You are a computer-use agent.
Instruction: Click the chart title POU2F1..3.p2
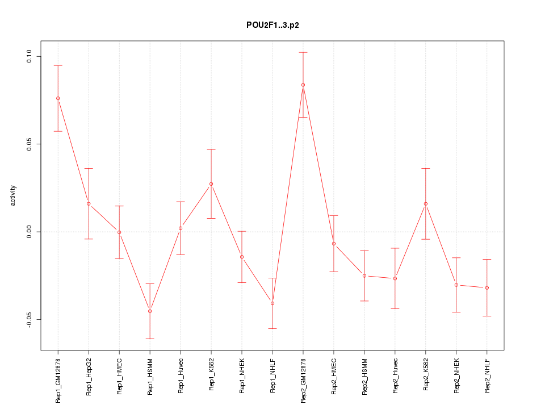point(272,25)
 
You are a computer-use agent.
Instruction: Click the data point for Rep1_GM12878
point(58,98)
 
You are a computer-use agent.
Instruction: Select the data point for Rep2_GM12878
point(303,85)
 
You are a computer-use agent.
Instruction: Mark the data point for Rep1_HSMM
point(150,311)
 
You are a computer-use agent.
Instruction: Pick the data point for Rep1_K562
point(211,184)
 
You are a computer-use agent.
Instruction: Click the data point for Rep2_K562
point(426,203)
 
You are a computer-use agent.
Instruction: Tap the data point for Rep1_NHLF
point(272,303)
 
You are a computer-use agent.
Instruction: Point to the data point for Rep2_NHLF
point(487,288)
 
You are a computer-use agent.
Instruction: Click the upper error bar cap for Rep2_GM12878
point(303,52)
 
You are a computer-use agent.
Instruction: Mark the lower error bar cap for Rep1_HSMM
point(150,339)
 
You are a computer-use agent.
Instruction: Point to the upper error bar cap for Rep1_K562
point(211,149)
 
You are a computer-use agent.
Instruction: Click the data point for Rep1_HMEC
point(119,232)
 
